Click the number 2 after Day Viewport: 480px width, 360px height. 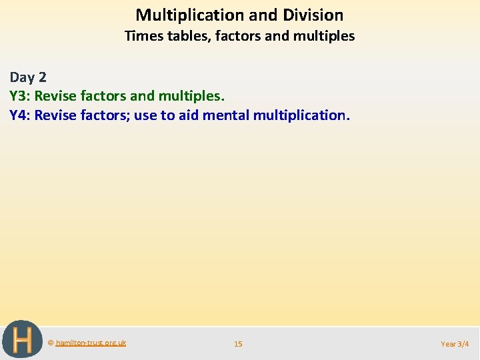tap(43, 77)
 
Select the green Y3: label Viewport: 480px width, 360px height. tap(20, 96)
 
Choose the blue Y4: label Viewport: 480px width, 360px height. tap(20, 115)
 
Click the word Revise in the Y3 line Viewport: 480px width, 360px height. tap(56, 96)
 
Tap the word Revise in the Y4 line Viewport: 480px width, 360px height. tap(56, 115)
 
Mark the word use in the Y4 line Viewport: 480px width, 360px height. tap(145, 115)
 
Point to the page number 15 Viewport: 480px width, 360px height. tap(238, 344)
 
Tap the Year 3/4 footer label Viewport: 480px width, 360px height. tap(455, 344)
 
